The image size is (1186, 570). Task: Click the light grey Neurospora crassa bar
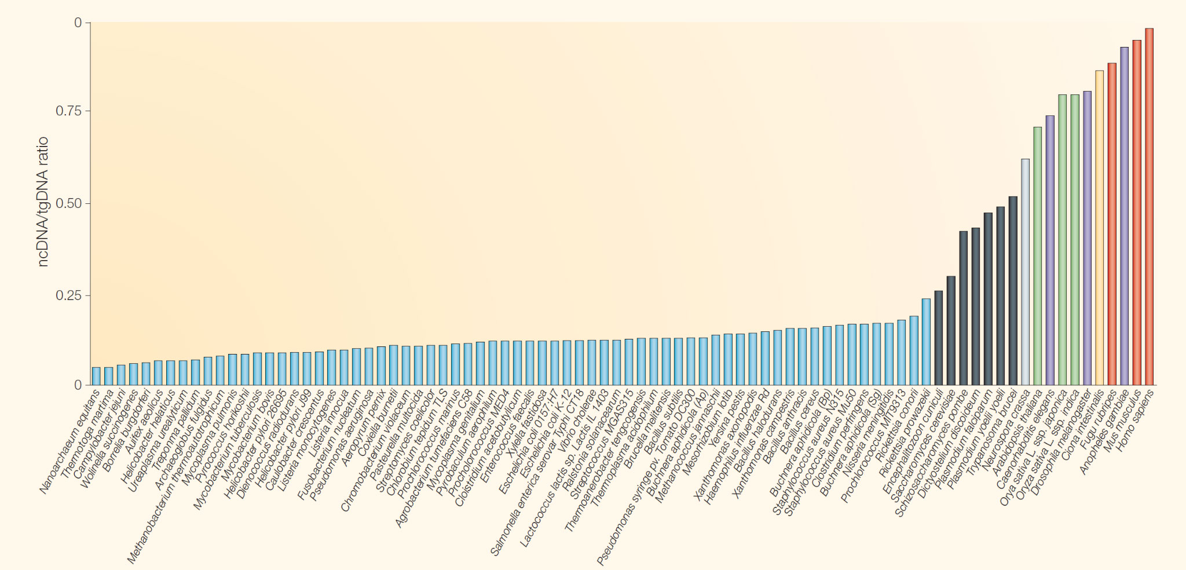click(x=1025, y=272)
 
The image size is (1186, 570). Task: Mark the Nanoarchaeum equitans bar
click(x=96, y=376)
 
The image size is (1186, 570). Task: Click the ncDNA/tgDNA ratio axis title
click(x=43, y=202)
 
